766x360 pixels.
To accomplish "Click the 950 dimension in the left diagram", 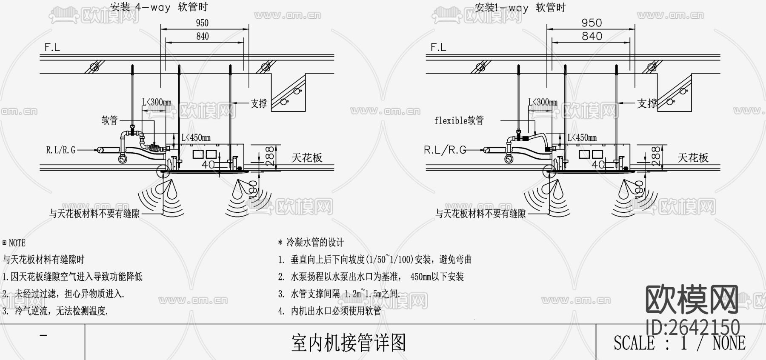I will click(x=202, y=23).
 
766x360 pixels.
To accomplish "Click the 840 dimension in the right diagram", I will click(x=592, y=36).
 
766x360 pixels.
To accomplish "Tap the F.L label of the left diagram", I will click(x=52, y=47).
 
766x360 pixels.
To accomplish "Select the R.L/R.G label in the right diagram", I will click(x=445, y=150).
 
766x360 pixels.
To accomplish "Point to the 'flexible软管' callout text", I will click(x=459, y=120).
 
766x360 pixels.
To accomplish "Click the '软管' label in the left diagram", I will click(x=109, y=120).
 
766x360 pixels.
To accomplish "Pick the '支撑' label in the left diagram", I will click(x=259, y=103).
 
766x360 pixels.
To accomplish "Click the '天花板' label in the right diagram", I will click(x=693, y=158).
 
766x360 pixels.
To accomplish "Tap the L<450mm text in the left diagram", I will click(x=196, y=138).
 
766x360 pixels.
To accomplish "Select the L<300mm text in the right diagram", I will click(x=543, y=102).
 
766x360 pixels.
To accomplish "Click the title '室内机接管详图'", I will click(x=349, y=343).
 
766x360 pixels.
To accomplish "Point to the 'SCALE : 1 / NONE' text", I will click(x=679, y=343).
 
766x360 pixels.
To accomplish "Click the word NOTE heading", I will click(x=17, y=243).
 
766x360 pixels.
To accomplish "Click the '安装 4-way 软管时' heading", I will click(x=159, y=7).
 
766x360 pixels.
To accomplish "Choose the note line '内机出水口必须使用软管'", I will click(x=336, y=311).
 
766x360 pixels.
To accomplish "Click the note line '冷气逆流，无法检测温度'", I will click(x=61, y=311).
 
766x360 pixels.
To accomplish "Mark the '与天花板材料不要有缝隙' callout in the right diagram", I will click(x=480, y=214).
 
